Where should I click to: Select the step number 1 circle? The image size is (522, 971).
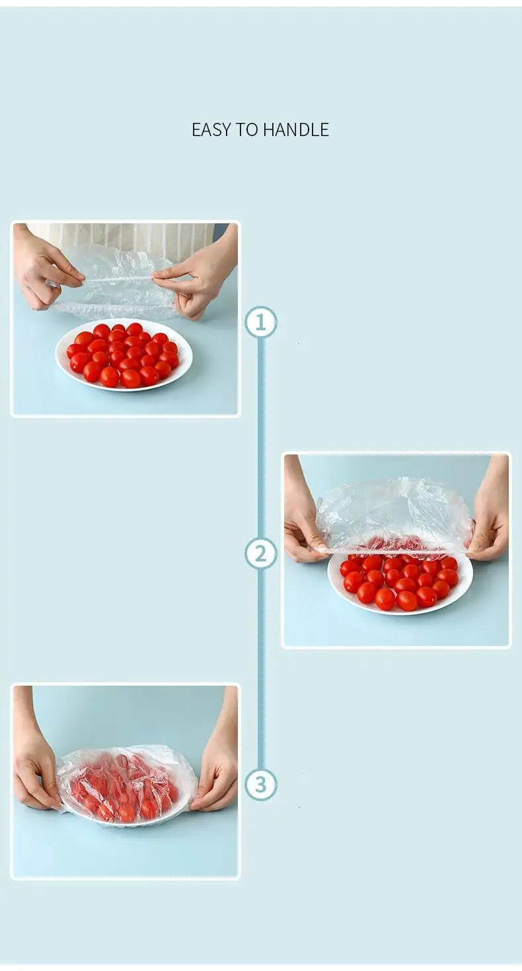(x=261, y=322)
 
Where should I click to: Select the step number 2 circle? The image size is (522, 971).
(x=261, y=554)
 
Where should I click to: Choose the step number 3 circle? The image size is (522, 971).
(x=261, y=785)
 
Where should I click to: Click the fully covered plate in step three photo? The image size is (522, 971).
(x=126, y=786)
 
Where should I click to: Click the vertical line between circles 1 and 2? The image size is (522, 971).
(x=261, y=436)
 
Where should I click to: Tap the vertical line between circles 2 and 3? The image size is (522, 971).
(x=261, y=667)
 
